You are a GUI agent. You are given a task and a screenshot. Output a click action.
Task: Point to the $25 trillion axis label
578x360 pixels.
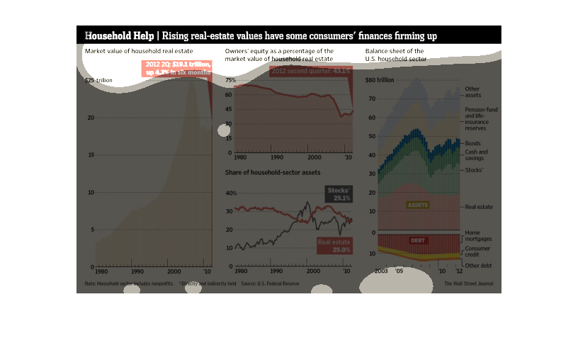(x=98, y=81)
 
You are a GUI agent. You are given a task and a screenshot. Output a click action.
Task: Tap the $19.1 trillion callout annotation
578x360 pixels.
(x=178, y=68)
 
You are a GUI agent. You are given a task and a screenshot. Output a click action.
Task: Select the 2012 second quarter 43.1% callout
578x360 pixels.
(x=310, y=72)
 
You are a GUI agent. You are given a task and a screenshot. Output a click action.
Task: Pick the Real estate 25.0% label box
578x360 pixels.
(x=334, y=246)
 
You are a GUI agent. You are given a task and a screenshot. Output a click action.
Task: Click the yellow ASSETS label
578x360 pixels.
(x=418, y=205)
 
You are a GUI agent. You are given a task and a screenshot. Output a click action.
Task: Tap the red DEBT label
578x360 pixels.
(x=419, y=240)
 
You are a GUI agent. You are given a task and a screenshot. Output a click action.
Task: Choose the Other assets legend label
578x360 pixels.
(x=472, y=91)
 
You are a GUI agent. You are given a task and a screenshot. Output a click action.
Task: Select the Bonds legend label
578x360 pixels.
(x=472, y=143)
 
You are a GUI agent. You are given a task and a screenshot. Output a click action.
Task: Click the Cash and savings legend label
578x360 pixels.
(x=476, y=155)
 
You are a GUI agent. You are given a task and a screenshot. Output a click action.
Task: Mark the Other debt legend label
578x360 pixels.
(x=478, y=265)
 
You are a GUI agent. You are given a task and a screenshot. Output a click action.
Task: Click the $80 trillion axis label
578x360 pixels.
(x=380, y=80)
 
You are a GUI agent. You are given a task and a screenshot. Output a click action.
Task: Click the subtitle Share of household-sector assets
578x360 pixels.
(x=272, y=173)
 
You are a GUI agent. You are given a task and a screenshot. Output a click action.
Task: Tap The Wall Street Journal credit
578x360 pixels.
(x=468, y=283)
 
